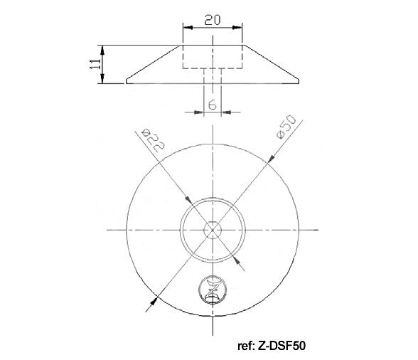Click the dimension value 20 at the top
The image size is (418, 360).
pyautogui.click(x=213, y=20)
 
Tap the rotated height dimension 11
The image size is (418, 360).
pyautogui.click(x=95, y=64)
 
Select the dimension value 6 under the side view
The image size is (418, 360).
pyautogui.click(x=212, y=105)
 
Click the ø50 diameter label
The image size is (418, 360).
pyautogui.click(x=286, y=127)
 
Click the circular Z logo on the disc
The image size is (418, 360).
pyautogui.click(x=213, y=290)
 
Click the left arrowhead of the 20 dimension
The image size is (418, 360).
pyautogui.click(x=188, y=28)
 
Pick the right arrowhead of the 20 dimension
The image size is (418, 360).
pyautogui.click(x=237, y=28)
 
